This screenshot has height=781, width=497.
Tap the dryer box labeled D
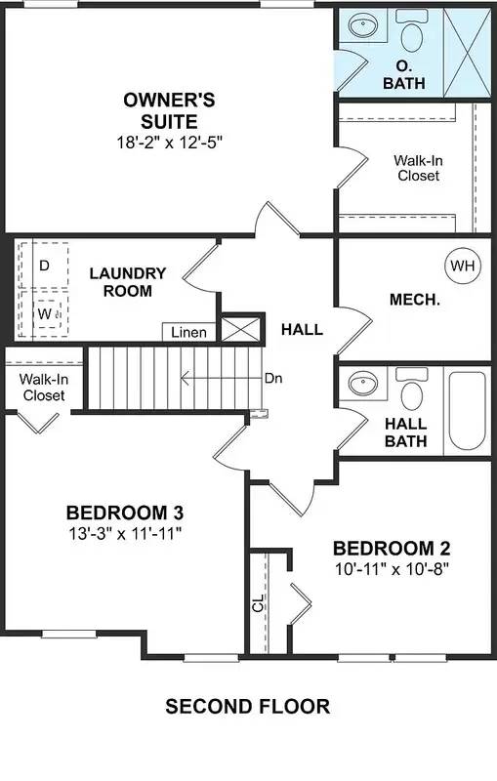point(44,266)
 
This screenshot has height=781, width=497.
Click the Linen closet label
point(188,333)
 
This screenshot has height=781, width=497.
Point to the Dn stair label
point(272,378)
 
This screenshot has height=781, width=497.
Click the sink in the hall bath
point(362,384)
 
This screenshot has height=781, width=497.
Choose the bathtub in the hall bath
point(466,409)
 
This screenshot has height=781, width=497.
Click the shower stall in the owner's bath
point(464,49)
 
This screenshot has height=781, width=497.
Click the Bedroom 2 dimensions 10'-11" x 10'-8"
point(391,567)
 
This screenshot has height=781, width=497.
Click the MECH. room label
point(414,300)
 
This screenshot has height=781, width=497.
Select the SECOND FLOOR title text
point(247,706)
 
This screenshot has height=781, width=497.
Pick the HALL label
point(302,330)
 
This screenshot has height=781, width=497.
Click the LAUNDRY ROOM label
point(127,282)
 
